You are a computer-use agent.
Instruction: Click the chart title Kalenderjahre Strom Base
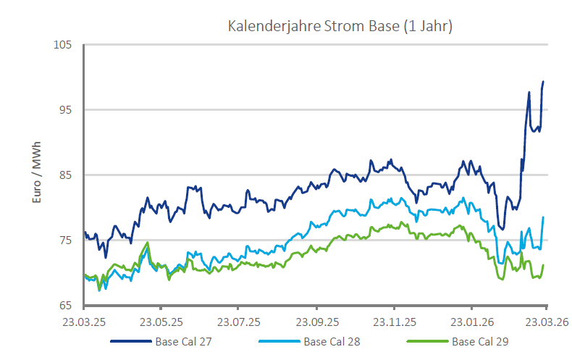coord(340,27)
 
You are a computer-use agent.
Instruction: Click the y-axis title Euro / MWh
coord(38,174)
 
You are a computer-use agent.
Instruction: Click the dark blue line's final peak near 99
coord(543,82)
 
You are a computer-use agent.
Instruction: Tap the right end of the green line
coord(543,265)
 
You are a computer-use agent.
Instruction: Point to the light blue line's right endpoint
coord(543,217)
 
